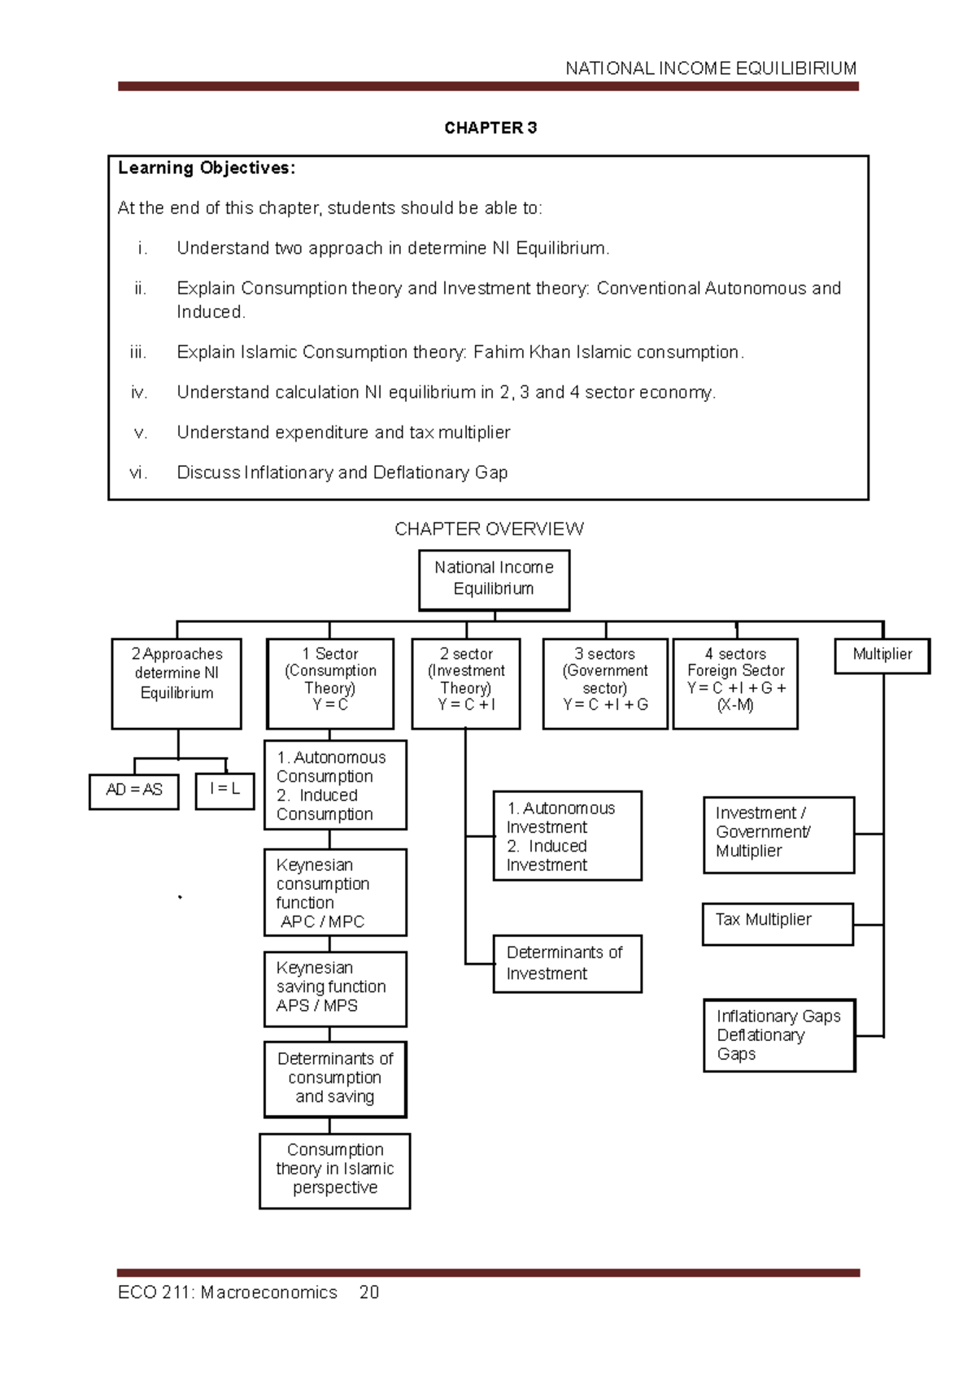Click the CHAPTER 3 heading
click(x=490, y=128)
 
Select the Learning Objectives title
click(x=207, y=168)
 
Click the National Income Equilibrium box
click(x=494, y=579)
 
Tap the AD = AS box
click(x=133, y=790)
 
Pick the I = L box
click(x=224, y=789)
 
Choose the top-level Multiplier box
click(x=882, y=655)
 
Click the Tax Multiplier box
click(x=777, y=923)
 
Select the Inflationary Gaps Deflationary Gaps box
click(x=778, y=1035)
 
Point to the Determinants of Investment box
click(x=567, y=963)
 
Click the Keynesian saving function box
click(x=334, y=987)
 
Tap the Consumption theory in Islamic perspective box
click(x=334, y=1170)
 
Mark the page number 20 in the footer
click(x=369, y=1292)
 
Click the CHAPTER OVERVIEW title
click(x=489, y=529)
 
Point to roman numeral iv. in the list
click(x=139, y=393)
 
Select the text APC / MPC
click(x=322, y=921)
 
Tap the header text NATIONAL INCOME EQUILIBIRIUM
click(x=711, y=68)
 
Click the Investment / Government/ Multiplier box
click(x=778, y=834)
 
